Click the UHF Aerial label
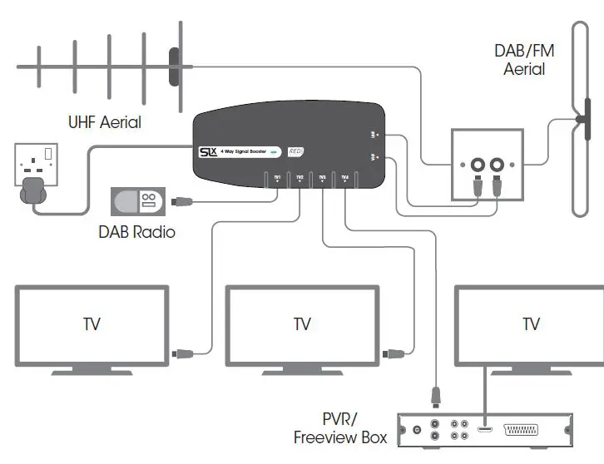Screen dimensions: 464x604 (x=104, y=122)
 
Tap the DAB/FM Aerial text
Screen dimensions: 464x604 (x=524, y=59)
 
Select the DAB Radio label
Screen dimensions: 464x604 (x=137, y=232)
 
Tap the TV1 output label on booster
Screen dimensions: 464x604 (x=277, y=177)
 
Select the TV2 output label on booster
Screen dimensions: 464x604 (x=300, y=177)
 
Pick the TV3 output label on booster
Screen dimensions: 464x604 (x=322, y=177)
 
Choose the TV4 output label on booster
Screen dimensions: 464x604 (x=344, y=177)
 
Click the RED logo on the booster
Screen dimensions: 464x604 (x=295, y=151)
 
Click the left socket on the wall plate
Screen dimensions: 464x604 (x=478, y=165)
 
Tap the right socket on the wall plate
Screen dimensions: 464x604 (x=498, y=165)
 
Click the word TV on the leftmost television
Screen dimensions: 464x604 (x=92, y=324)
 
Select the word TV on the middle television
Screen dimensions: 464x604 (x=302, y=324)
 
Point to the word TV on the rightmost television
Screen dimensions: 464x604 (x=531, y=324)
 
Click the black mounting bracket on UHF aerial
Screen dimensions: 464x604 (x=174, y=67)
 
